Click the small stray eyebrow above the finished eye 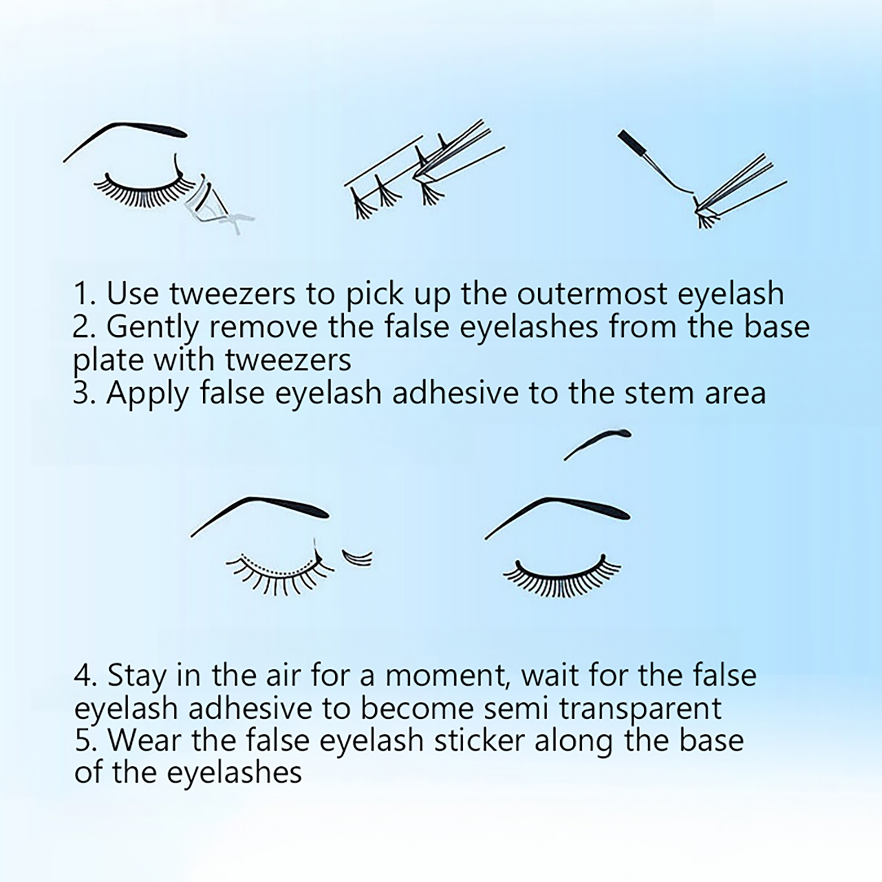coord(598,441)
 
